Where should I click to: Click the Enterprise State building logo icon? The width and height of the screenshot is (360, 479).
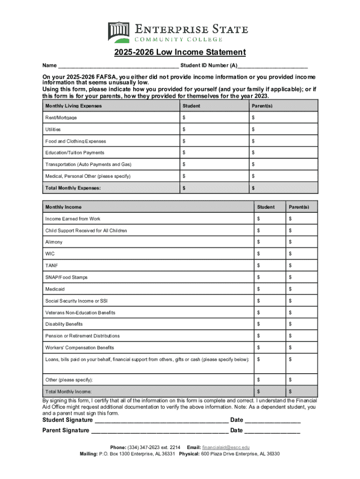119,32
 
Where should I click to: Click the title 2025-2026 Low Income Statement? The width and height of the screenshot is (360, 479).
180,52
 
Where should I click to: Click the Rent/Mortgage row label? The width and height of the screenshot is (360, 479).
61,117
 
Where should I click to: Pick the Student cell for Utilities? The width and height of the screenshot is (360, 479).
213,129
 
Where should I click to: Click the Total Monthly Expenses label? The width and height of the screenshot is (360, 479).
73,188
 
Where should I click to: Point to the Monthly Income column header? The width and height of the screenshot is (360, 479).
63,207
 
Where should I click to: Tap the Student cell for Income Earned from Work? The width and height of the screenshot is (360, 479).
269,218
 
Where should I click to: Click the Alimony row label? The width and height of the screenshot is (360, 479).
54,242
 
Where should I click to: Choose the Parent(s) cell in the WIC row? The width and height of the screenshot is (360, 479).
301,254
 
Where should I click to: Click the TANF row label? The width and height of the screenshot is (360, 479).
51,265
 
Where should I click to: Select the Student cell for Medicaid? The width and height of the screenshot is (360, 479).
269,289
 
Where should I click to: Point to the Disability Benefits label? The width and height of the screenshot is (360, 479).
64,324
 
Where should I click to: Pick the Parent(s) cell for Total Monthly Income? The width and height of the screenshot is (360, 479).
301,391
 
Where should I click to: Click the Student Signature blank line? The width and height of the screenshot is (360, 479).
161,421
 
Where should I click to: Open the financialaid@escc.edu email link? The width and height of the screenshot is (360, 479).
225,447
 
